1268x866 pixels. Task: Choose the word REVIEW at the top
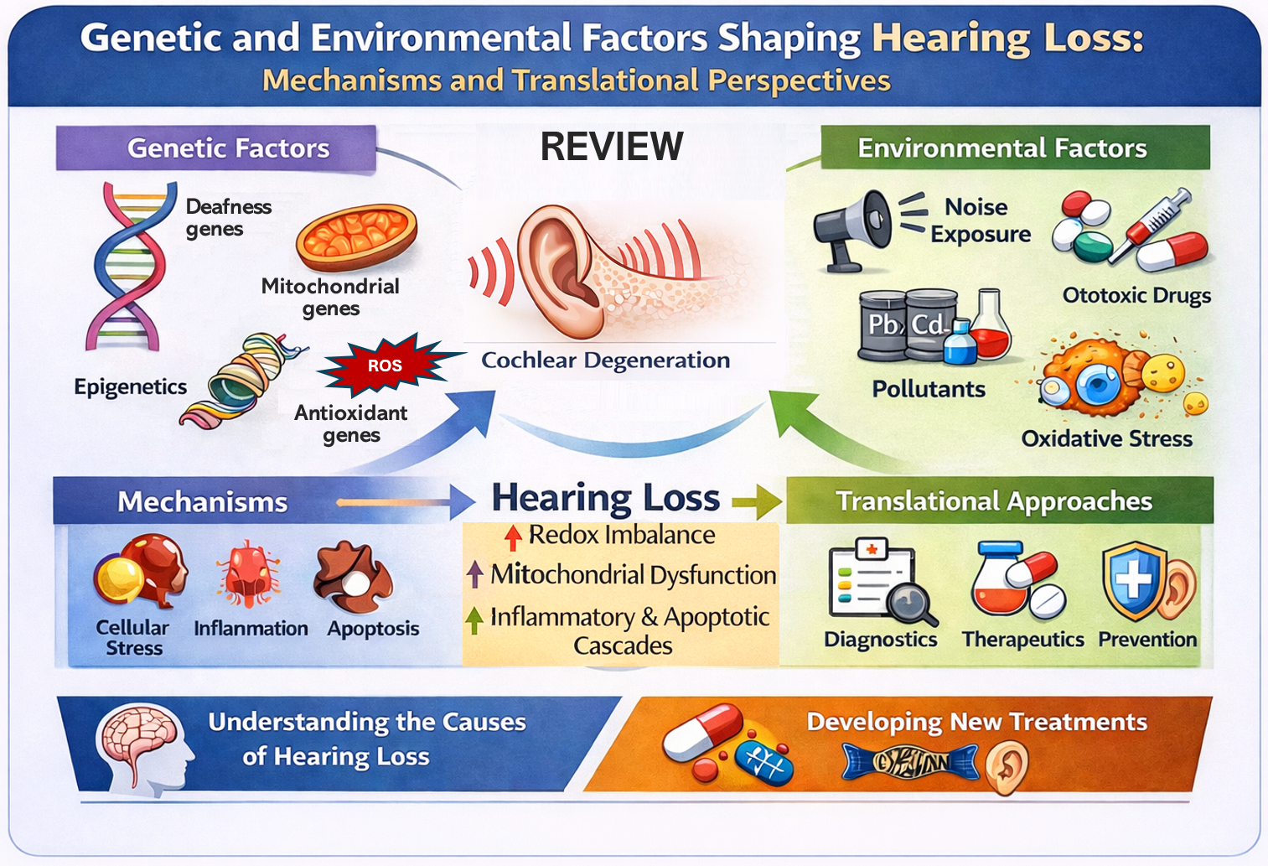[x=611, y=147]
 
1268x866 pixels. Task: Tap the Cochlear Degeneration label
[x=605, y=360]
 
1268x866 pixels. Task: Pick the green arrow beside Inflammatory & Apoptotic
[x=474, y=620]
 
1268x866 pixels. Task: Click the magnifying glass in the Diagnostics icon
[x=912, y=602]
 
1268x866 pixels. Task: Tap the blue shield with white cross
[x=1133, y=580]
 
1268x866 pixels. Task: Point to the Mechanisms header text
[x=203, y=502]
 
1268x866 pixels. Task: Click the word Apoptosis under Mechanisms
[x=373, y=629]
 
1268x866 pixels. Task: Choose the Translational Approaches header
[x=994, y=501]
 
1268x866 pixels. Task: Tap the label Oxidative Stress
[x=1106, y=438]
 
